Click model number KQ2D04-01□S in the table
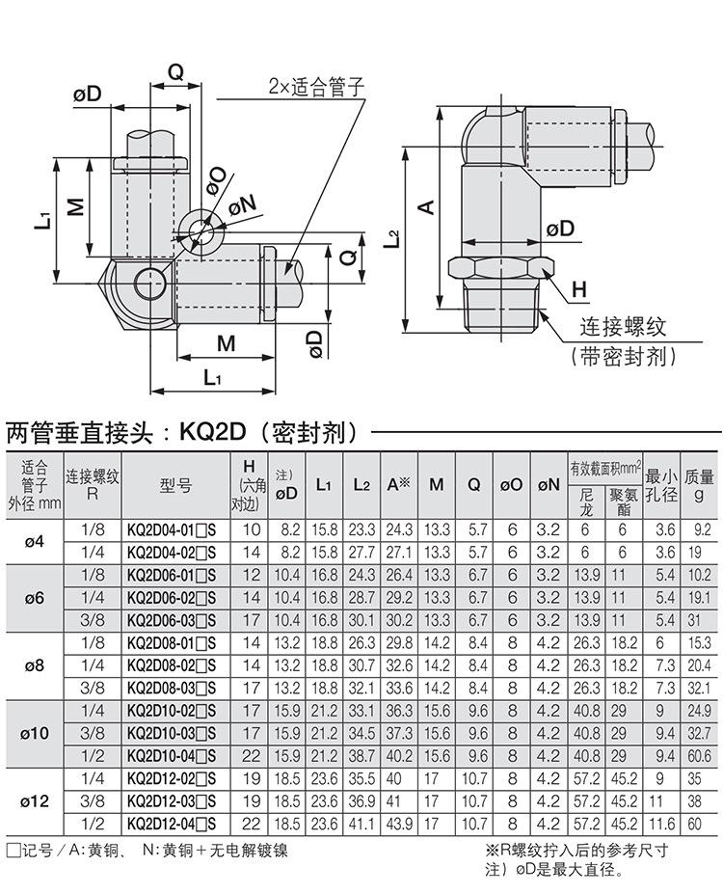click(x=172, y=530)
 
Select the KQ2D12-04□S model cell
click(x=172, y=824)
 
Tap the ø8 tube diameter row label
click(x=34, y=666)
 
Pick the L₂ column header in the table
click(x=361, y=485)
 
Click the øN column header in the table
click(x=549, y=485)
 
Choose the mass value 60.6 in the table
click(x=699, y=756)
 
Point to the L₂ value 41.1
click(x=361, y=824)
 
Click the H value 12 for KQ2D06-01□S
click(x=251, y=576)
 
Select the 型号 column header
click(x=175, y=486)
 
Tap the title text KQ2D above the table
click(x=212, y=432)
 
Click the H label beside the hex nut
click(x=578, y=289)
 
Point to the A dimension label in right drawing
click(x=427, y=206)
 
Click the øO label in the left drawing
click(x=217, y=180)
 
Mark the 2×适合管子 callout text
click(x=316, y=87)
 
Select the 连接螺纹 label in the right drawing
click(x=623, y=327)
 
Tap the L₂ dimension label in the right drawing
click(x=391, y=238)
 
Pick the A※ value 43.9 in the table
click(x=399, y=824)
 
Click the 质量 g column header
click(x=699, y=485)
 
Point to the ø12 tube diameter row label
click(x=34, y=801)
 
